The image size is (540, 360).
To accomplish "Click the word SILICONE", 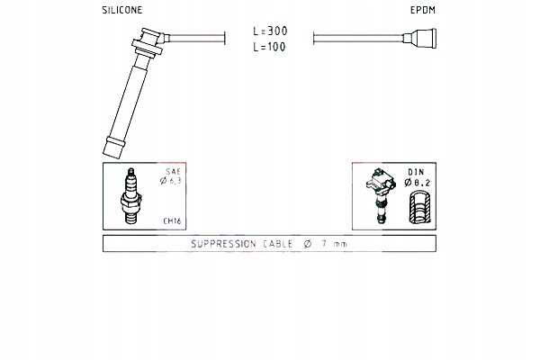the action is click(121, 10).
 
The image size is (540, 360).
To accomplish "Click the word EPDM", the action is click(423, 10).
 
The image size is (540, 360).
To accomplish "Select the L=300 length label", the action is click(270, 31).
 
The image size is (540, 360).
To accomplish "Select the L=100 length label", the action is click(269, 47).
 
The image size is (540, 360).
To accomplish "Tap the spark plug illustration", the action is click(130, 195).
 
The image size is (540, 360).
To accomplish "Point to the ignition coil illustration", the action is click(380, 194).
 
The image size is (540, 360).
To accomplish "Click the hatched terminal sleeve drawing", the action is click(419, 207).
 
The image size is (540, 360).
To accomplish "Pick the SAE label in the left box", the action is click(173, 171).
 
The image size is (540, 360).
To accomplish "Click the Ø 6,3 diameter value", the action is click(170, 181).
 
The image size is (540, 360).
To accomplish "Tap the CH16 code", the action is click(172, 220).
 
